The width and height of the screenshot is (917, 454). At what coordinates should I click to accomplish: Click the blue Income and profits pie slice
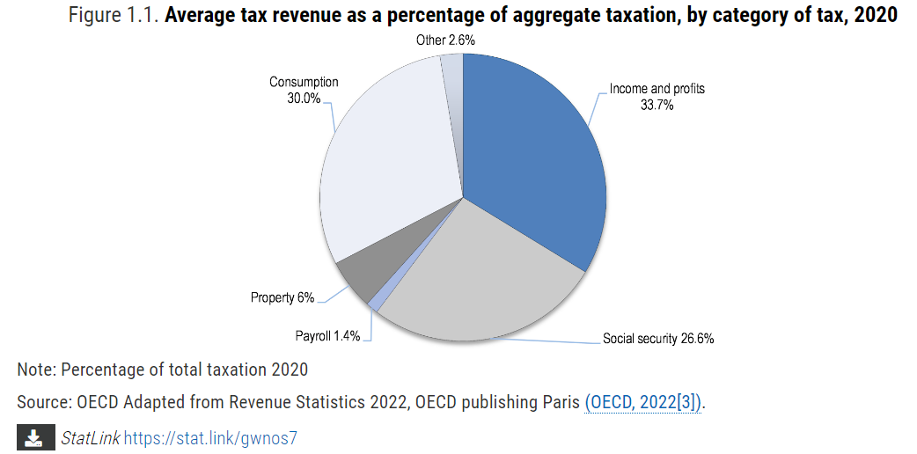[537, 158]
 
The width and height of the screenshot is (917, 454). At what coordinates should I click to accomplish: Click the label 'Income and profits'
[657, 89]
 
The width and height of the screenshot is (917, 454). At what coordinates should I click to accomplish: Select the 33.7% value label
[657, 105]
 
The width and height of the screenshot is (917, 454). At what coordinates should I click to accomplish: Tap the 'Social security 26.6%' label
[657, 339]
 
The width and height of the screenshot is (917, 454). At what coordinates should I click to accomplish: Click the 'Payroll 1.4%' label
[327, 336]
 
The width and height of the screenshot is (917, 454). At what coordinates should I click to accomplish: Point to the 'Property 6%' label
[282, 297]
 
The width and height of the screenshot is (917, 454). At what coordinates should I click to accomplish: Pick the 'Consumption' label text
[304, 82]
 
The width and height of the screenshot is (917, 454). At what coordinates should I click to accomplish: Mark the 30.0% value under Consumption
[304, 98]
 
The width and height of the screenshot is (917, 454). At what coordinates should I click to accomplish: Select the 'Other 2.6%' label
[445, 40]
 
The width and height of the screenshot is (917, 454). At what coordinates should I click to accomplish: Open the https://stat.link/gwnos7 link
[210, 437]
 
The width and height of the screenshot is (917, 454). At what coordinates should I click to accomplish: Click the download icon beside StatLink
[33, 437]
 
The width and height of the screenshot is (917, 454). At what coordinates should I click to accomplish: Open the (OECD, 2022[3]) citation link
[643, 402]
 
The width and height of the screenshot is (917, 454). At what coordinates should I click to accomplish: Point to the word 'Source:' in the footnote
[44, 402]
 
